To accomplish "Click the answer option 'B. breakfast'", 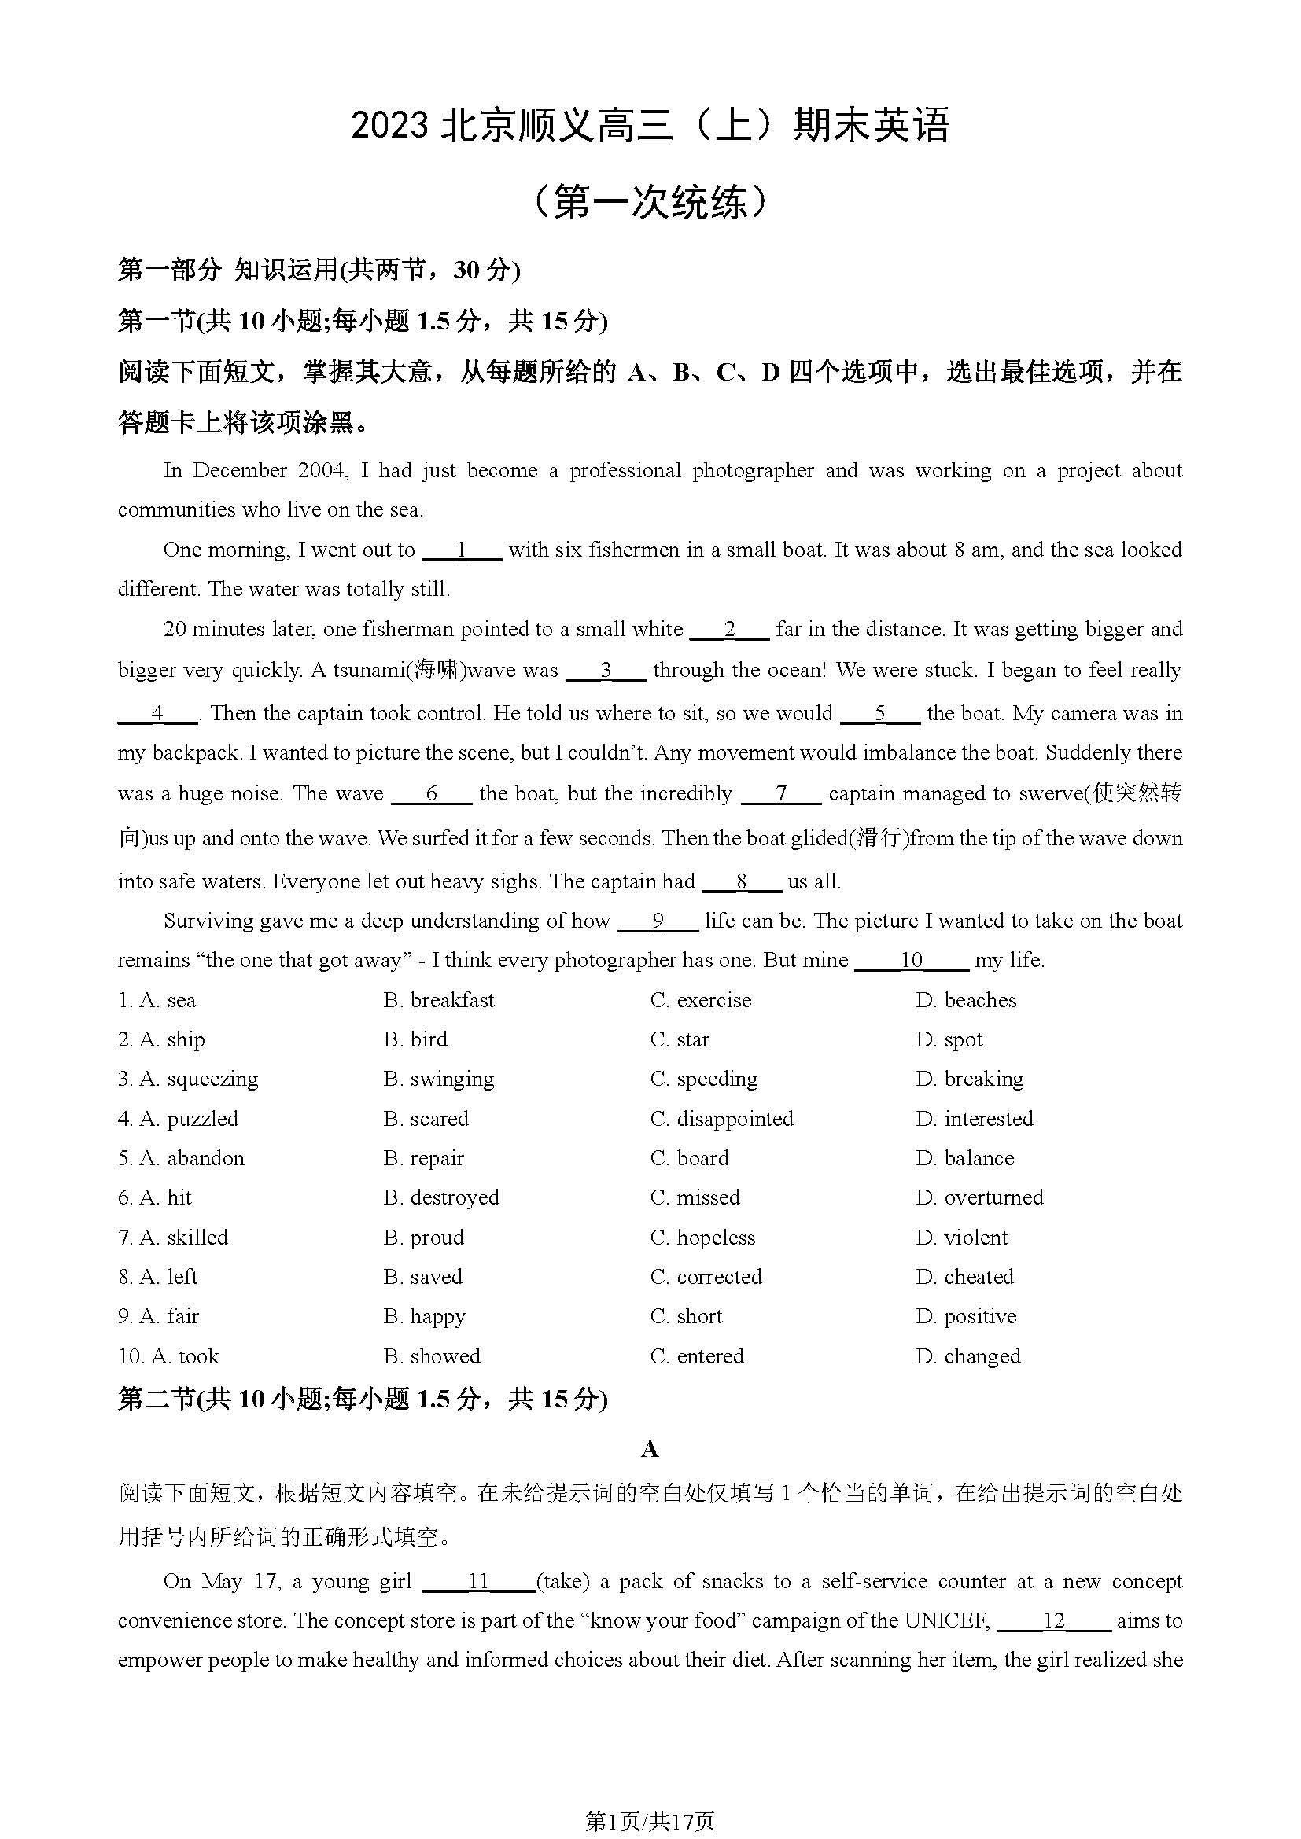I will (x=438, y=1000).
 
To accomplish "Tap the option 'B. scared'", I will (x=426, y=1119).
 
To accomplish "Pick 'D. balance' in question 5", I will (x=964, y=1158).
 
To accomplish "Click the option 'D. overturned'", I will (x=979, y=1197).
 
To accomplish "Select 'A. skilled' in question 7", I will (x=173, y=1238).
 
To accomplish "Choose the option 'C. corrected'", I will (x=706, y=1277).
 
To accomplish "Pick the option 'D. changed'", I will (x=967, y=1356).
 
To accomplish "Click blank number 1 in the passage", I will (x=462, y=550).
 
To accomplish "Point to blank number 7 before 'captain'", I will (x=781, y=794).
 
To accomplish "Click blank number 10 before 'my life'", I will (x=912, y=960).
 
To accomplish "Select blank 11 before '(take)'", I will (x=478, y=1581).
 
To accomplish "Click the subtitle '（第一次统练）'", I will (x=650, y=202).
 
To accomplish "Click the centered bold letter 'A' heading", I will (x=650, y=1448).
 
